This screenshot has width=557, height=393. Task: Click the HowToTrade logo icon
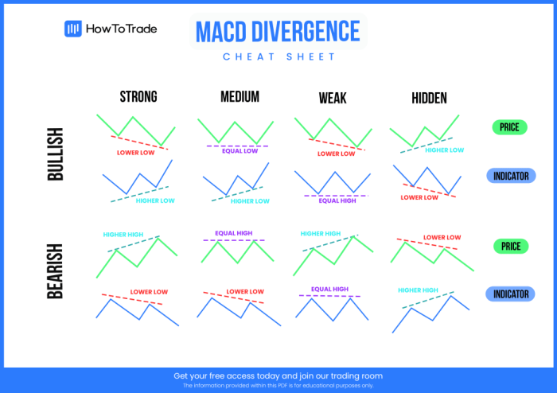click(73, 29)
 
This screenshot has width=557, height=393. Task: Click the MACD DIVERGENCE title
click(278, 31)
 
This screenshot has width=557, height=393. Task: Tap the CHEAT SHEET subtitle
click(278, 56)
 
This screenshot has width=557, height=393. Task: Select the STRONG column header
click(138, 97)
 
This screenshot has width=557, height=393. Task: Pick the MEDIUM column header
click(240, 97)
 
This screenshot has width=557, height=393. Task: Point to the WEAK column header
click(332, 98)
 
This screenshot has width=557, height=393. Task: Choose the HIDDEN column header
click(429, 98)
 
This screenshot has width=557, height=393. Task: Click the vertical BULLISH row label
click(56, 154)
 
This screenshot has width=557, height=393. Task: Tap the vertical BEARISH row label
click(56, 270)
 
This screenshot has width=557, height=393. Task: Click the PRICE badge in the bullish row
click(510, 127)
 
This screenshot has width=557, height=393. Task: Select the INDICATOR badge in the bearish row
click(510, 294)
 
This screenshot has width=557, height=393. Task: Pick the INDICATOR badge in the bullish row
click(510, 176)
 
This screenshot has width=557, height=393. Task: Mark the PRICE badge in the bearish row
click(510, 247)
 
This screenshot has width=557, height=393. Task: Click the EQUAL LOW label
click(240, 151)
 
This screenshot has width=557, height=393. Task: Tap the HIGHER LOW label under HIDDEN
click(444, 150)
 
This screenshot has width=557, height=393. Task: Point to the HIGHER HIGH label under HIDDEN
click(418, 290)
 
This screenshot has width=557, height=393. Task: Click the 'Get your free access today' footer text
click(278, 375)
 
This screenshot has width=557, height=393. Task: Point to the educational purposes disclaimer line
click(278, 385)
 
